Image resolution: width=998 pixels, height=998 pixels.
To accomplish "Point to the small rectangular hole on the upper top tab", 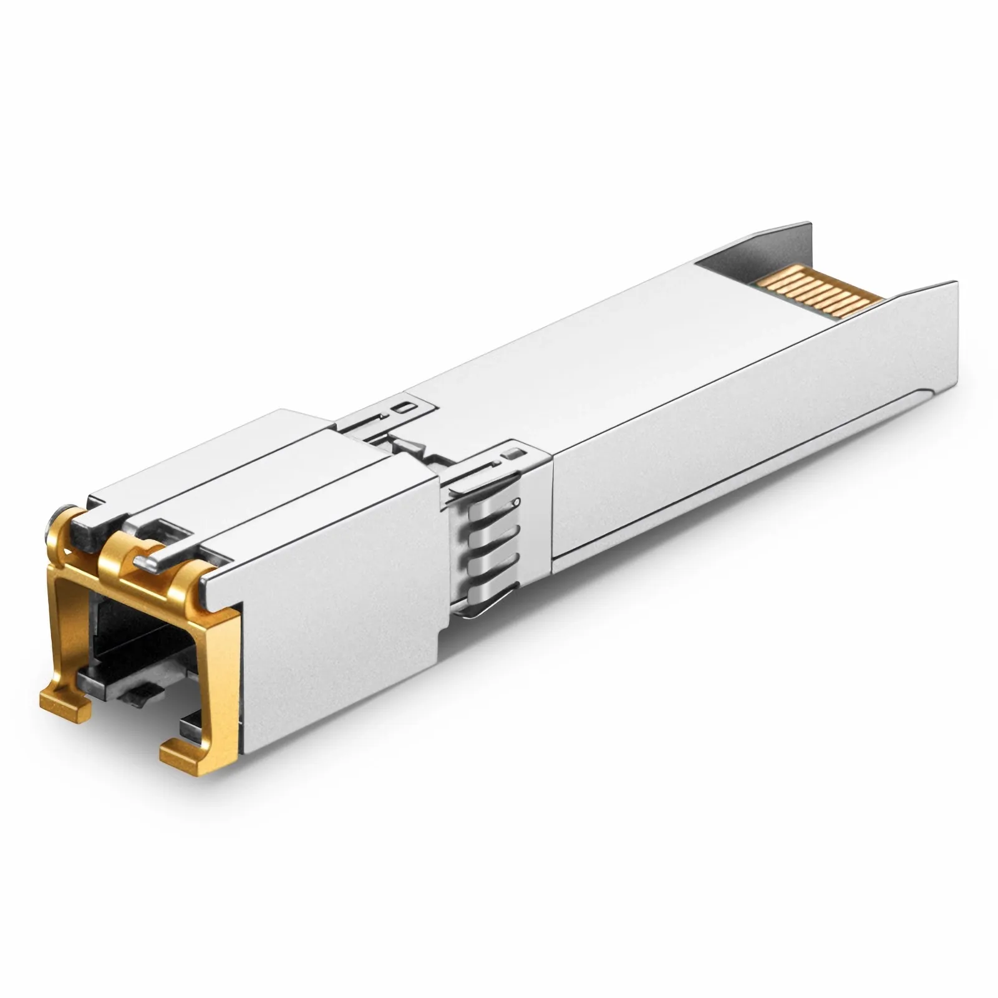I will pyautogui.click(x=409, y=407).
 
